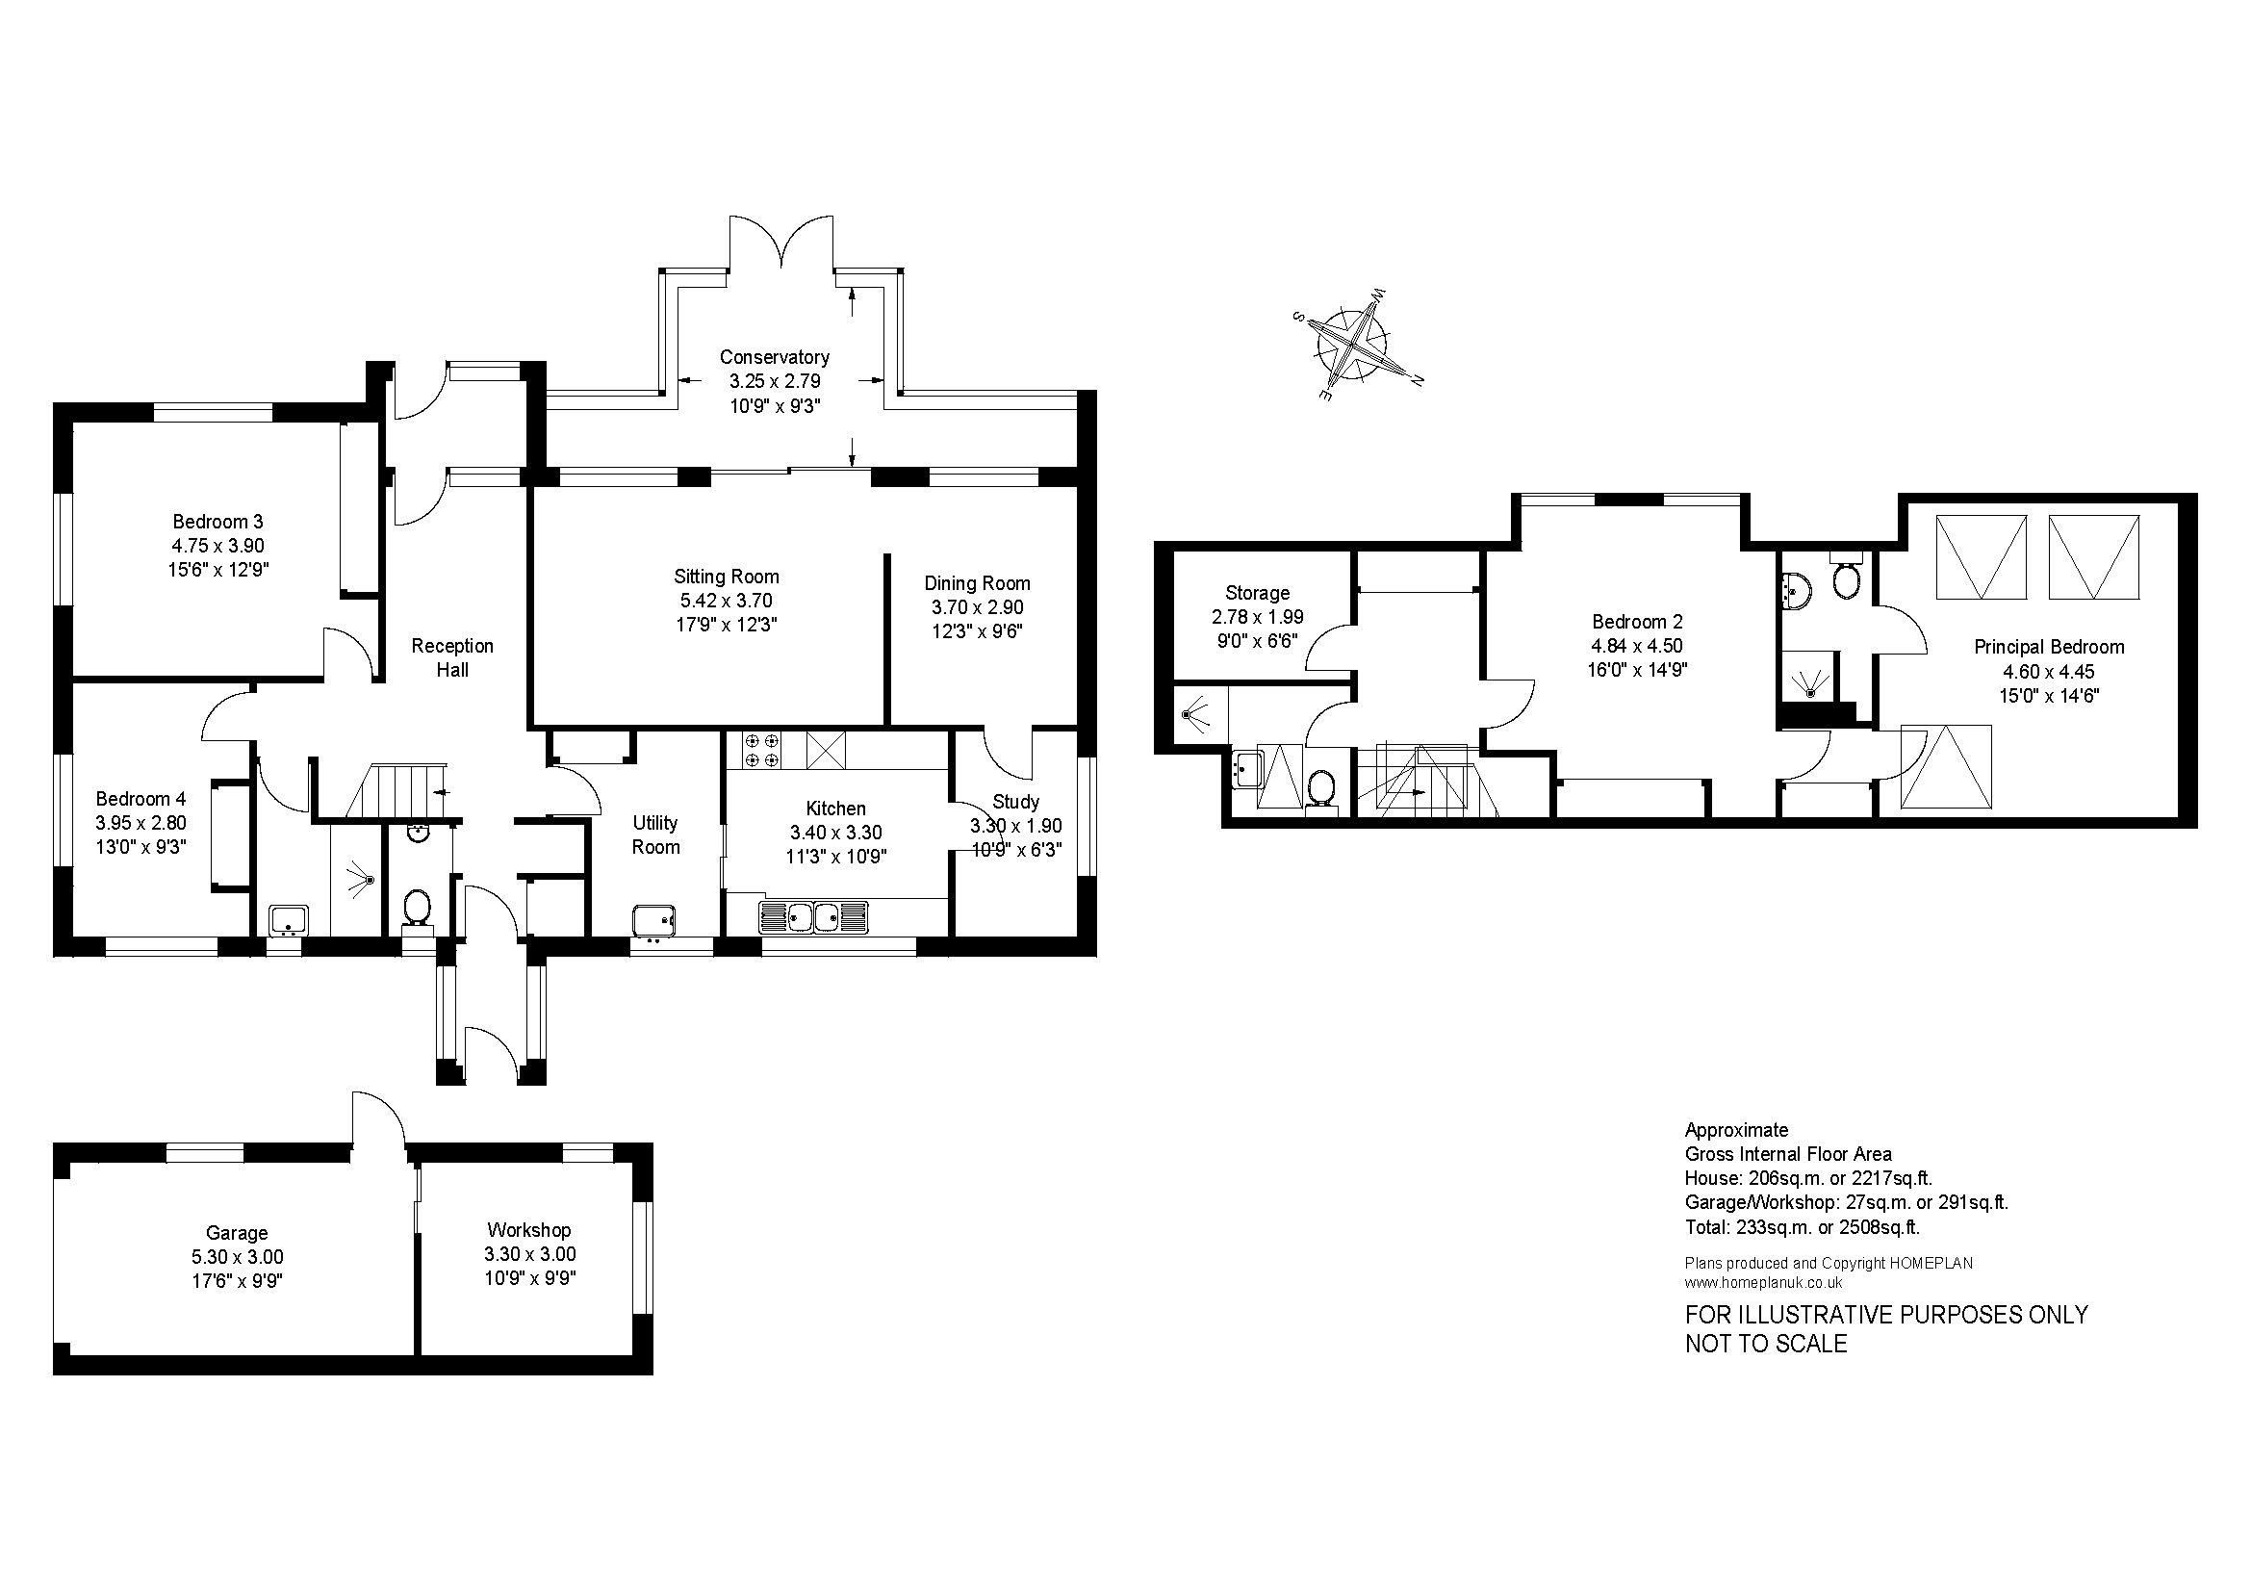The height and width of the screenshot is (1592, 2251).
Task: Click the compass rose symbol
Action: click(1358, 347)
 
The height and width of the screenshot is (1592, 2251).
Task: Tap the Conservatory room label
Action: click(775, 357)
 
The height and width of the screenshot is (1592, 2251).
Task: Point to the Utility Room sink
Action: click(653, 921)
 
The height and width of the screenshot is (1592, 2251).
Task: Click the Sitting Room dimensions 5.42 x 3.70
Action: click(727, 601)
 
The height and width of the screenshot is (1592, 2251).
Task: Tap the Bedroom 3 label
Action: click(217, 522)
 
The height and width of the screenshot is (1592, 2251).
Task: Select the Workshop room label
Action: click(528, 1230)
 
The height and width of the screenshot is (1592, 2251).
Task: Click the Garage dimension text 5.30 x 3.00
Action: click(238, 1258)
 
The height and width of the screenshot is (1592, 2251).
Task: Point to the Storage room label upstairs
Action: click(1257, 593)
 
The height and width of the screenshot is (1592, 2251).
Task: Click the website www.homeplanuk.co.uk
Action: click(1764, 1282)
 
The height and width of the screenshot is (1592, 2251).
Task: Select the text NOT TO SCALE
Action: click(1766, 1343)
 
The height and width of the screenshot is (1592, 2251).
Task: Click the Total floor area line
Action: click(1802, 1227)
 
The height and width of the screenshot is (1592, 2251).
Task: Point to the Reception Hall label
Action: click(452, 657)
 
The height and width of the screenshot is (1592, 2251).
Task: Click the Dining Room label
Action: click(978, 583)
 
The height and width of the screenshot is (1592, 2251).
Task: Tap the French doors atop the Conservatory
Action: click(781, 242)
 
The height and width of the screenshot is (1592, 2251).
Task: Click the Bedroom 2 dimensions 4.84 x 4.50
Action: click(1637, 646)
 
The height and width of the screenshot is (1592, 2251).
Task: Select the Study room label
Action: click(1015, 802)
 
